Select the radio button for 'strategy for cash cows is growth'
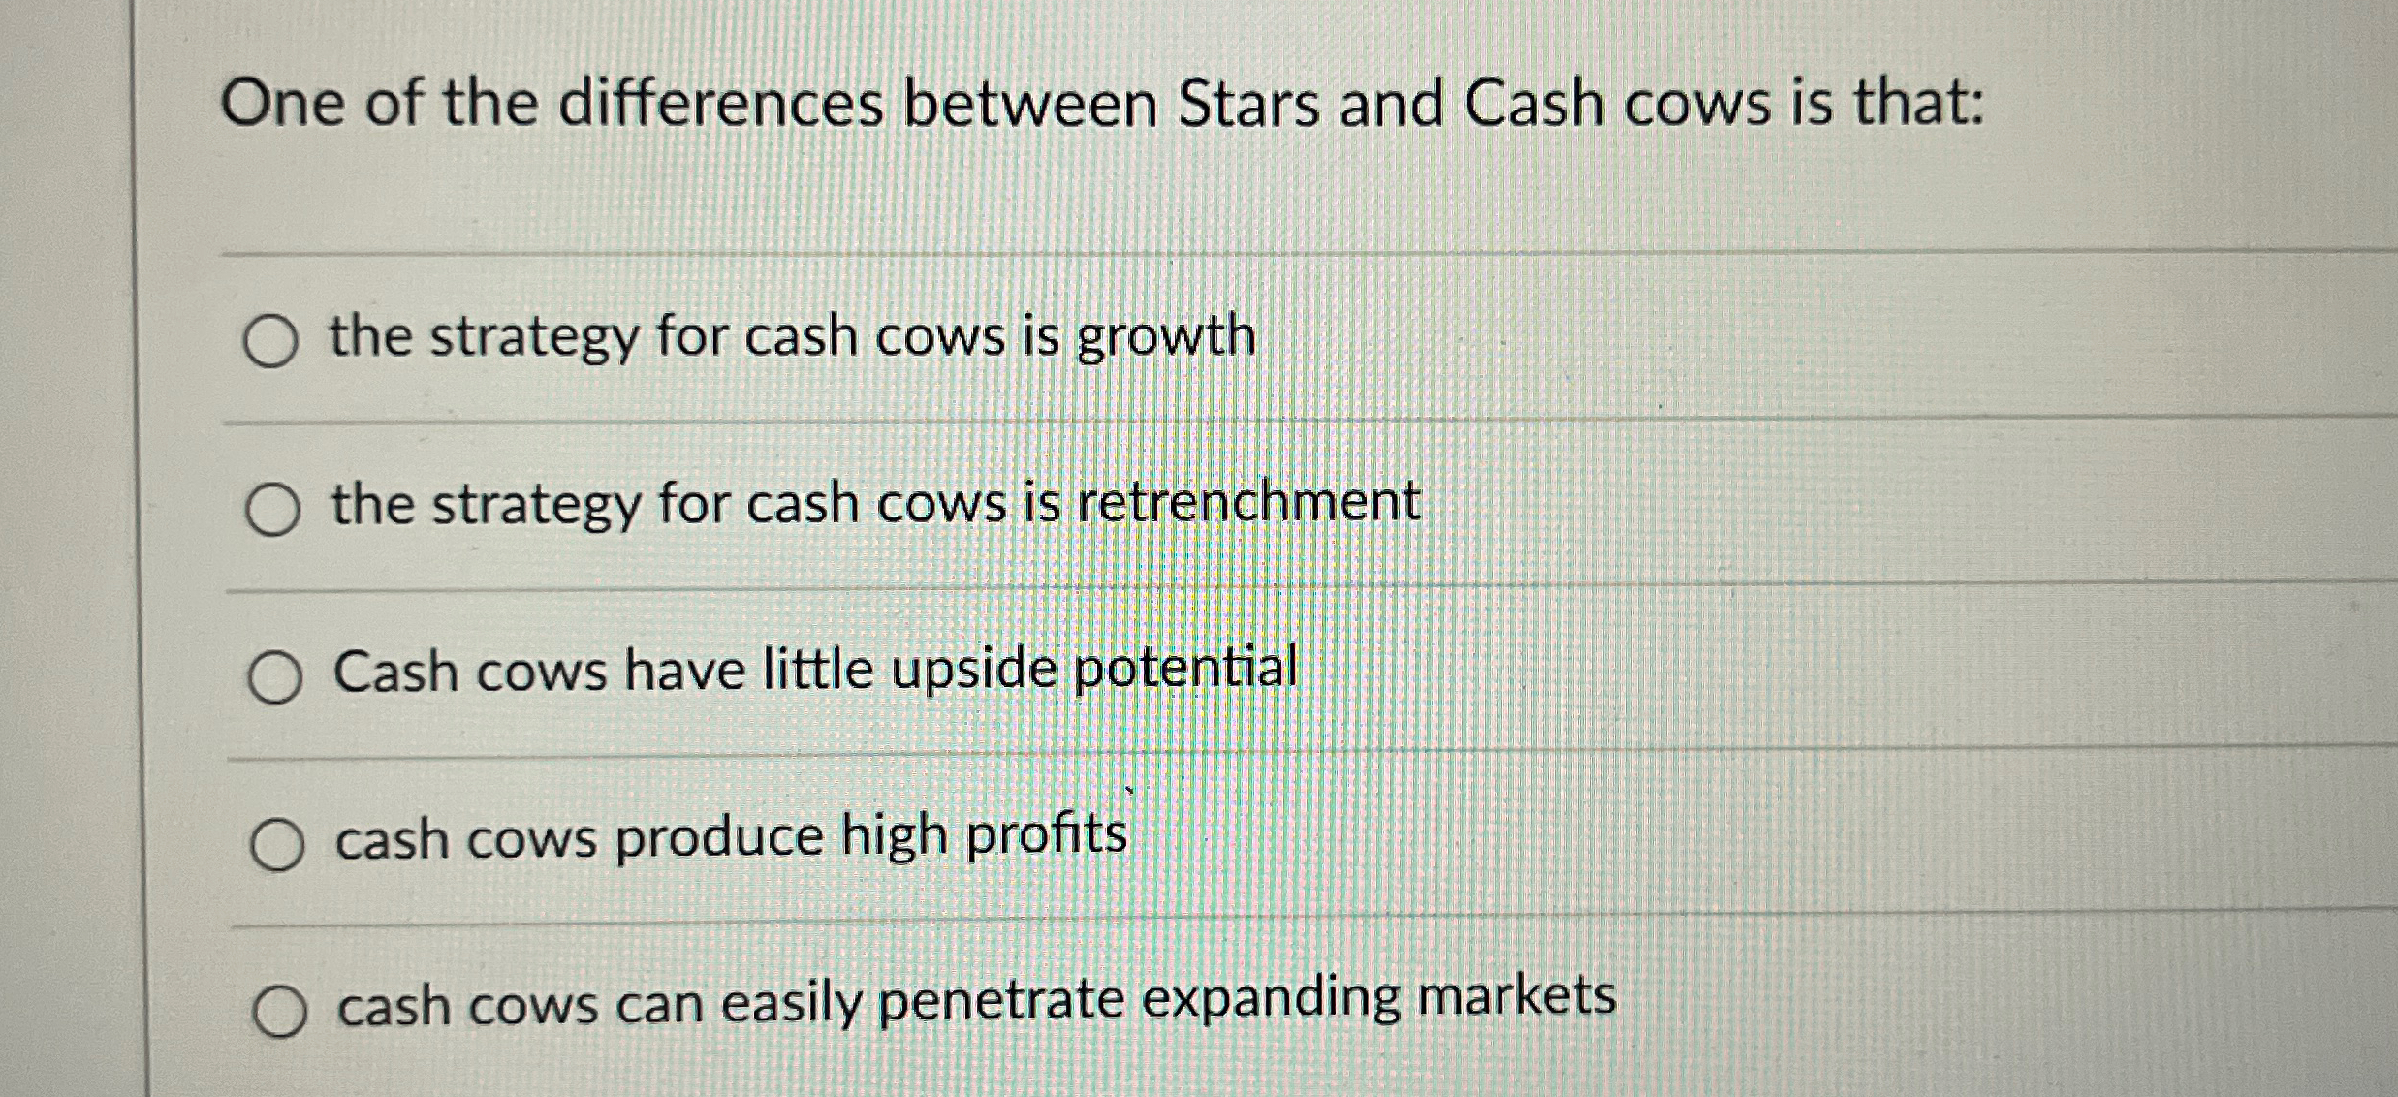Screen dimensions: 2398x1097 pos(270,342)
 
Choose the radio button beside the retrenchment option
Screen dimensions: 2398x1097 pos(272,510)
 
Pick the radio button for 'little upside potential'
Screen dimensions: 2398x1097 pos(274,677)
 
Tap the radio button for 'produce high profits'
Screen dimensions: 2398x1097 pos(277,845)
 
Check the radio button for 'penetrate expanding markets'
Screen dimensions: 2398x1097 pos(280,1012)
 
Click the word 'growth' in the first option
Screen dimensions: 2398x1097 pos(1166,338)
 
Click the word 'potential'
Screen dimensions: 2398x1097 pos(1185,668)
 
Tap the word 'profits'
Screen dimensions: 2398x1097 pos(1047,834)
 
